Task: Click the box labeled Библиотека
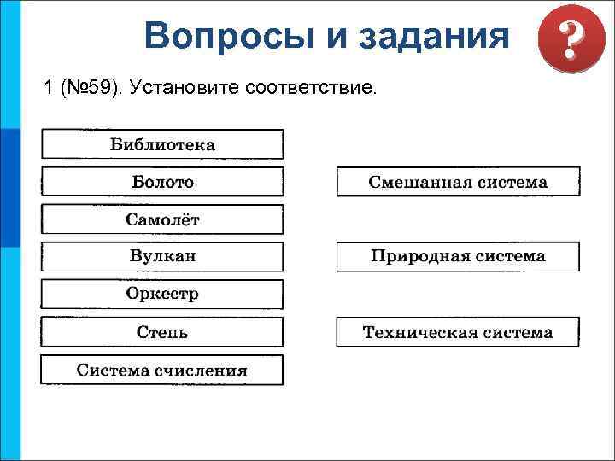tap(162, 144)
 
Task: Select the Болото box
tap(162, 182)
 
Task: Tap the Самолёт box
tap(162, 219)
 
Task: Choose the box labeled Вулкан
tap(162, 256)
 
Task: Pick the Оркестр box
tap(162, 294)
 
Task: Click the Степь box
tap(162, 332)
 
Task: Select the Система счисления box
tap(162, 370)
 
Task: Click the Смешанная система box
tap(458, 182)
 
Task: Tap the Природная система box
tap(458, 256)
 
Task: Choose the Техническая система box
tap(458, 332)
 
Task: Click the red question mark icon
tap(563, 41)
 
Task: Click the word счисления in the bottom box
tap(202, 370)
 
